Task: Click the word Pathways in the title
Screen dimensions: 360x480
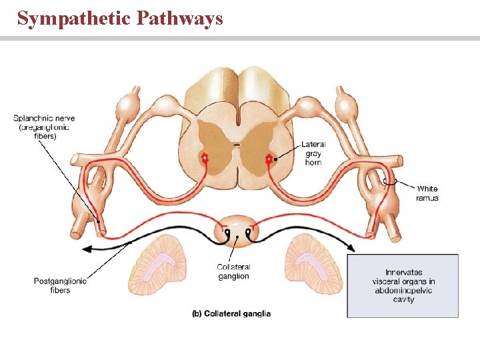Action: [x=179, y=18]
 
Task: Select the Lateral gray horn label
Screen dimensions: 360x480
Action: [x=313, y=153]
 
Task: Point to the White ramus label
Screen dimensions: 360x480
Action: [x=427, y=193]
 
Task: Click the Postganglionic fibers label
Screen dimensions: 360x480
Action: [x=60, y=285]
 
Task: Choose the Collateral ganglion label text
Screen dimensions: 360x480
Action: [x=233, y=272]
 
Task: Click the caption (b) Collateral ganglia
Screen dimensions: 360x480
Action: [x=231, y=313]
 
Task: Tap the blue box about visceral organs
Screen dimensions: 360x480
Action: [x=403, y=285]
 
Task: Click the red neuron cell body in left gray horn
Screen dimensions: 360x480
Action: [x=206, y=159]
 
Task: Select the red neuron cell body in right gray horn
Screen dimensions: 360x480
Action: [x=269, y=159]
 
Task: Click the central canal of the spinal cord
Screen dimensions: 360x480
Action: [x=237, y=143]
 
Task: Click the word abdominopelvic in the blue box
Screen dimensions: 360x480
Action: [x=403, y=291]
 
